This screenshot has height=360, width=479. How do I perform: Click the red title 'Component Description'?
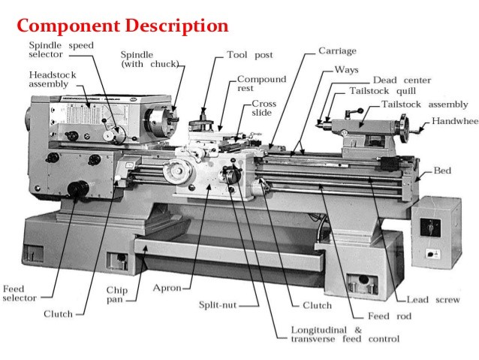click(122, 26)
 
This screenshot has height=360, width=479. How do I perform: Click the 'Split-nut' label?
click(218, 305)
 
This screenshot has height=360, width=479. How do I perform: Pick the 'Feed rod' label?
click(388, 316)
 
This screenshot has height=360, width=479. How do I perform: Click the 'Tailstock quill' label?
click(380, 91)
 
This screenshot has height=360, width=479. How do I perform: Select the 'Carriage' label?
click(337, 51)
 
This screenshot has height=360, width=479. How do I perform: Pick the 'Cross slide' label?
click(264, 108)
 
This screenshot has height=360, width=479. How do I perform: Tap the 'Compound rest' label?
click(261, 83)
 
